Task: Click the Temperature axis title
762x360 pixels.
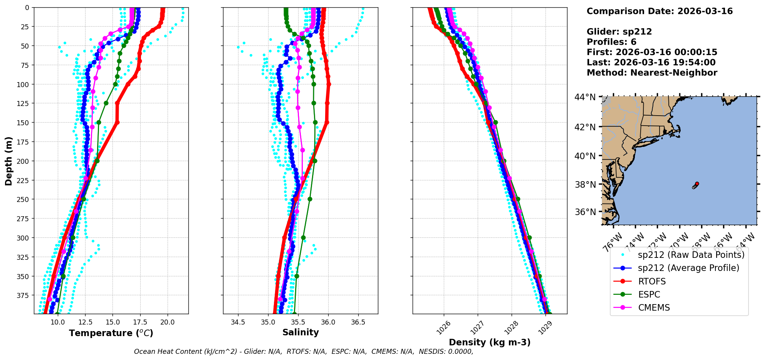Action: [111, 333]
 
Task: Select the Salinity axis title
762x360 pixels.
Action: [300, 333]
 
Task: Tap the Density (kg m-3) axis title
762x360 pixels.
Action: [490, 342]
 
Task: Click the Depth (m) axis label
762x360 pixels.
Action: [8, 161]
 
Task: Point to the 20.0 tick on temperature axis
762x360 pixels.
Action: [167, 322]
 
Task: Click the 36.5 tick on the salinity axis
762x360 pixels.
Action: [358, 322]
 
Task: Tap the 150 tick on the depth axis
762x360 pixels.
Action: [23, 123]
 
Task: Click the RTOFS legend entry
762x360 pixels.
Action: [652, 281]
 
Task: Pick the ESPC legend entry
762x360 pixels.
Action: [649, 294]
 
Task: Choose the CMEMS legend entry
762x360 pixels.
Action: [654, 308]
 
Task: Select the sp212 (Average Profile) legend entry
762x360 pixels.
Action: [688, 268]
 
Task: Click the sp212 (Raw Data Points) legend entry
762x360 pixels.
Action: [691, 255]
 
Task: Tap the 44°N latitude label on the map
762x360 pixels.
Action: [585, 97]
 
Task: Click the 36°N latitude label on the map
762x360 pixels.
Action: [585, 212]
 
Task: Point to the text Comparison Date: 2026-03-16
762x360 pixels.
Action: [660, 11]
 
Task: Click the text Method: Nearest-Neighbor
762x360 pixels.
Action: [652, 73]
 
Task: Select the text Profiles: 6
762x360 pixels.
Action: [611, 42]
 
